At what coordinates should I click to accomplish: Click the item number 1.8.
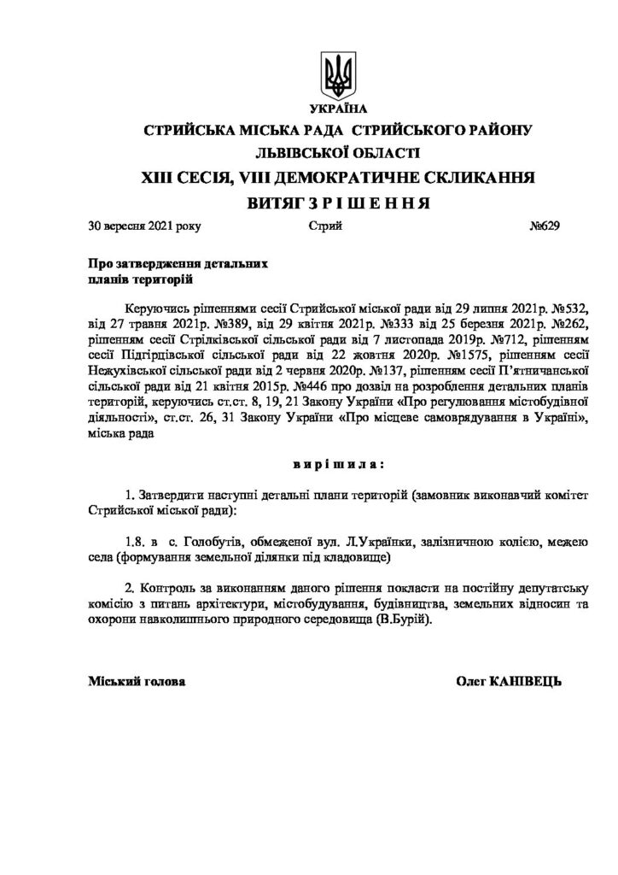(134, 542)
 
